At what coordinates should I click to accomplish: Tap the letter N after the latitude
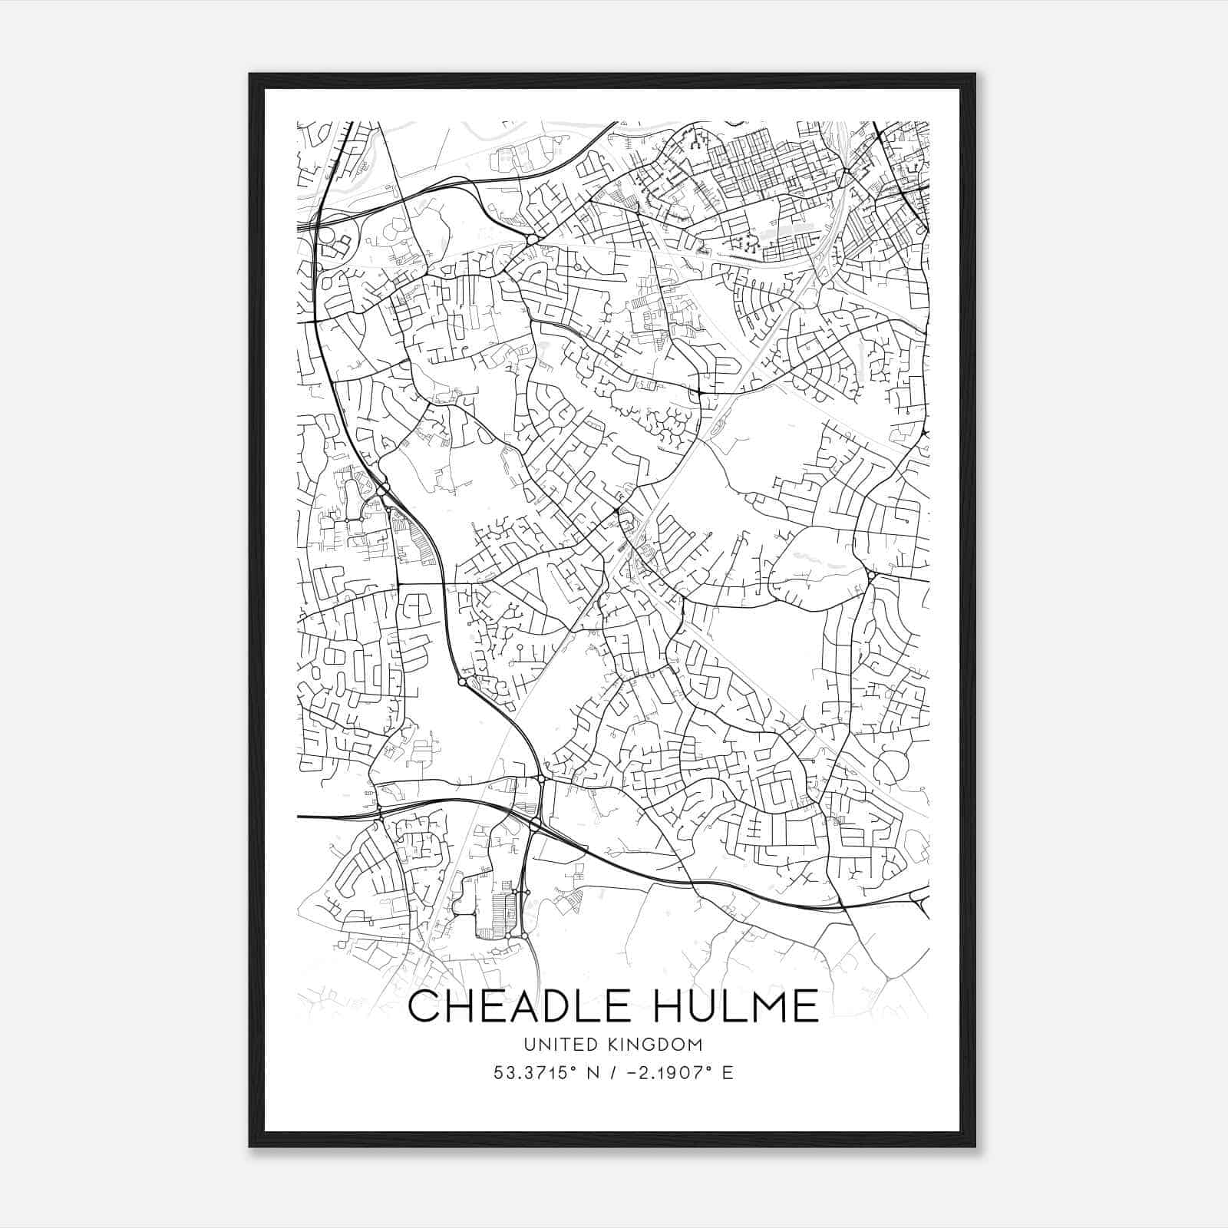pos(592,1072)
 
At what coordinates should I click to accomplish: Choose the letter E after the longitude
pos(728,1072)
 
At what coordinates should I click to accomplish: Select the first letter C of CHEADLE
pos(424,1006)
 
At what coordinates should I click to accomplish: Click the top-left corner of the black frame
pos(250,74)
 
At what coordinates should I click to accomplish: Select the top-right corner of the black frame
pos(975,74)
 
